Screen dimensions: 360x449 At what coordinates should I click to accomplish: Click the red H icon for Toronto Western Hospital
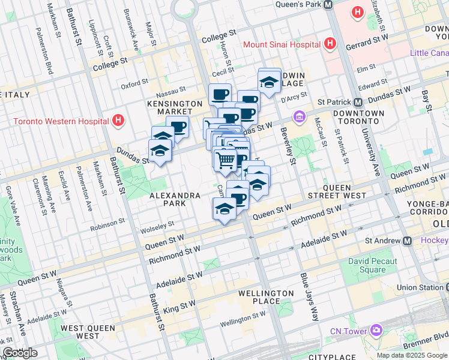119,121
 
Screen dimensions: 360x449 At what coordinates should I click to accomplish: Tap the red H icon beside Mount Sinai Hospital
329,44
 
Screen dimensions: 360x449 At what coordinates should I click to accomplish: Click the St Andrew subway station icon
408,241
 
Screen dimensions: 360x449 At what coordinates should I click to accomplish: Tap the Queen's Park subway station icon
328,4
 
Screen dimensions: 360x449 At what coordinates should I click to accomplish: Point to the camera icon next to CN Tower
376,331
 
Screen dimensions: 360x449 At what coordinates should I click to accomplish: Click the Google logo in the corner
20,353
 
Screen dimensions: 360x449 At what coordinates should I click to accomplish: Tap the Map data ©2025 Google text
412,355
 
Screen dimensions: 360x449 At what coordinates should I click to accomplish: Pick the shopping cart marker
225,160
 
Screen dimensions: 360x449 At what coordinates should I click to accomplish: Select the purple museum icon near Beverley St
298,116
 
